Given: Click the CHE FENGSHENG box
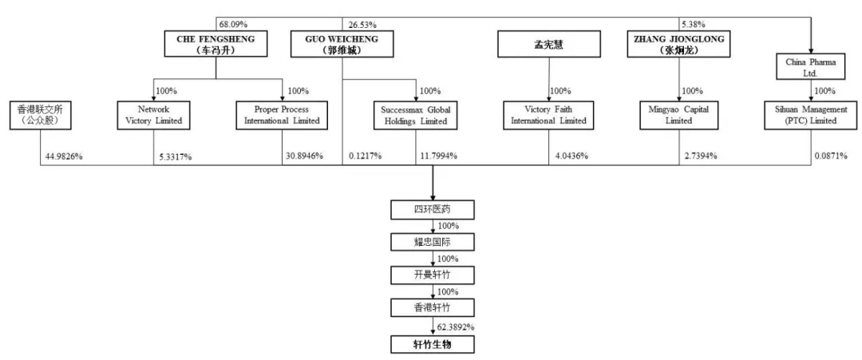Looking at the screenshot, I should coord(215,44).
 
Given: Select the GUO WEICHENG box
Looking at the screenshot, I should coord(342,44).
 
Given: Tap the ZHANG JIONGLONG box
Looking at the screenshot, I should coord(679,44).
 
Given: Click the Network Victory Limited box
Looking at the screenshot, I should coord(154,115).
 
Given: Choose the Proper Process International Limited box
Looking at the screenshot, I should coord(282,115).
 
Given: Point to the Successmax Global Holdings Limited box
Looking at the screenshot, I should coord(415,115).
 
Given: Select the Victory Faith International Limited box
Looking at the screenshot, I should coord(548,115).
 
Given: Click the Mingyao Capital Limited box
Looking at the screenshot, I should coord(679,115).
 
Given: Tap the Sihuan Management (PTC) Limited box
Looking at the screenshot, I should coord(811,115).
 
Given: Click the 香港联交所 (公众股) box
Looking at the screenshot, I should coord(40,115).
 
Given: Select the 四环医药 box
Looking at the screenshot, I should coord(432,210).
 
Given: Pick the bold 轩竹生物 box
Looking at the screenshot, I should coord(432,344).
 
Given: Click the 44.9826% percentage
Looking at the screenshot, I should coord(62,156).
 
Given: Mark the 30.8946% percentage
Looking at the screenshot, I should coord(303,156).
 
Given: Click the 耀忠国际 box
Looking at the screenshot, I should coord(432,242).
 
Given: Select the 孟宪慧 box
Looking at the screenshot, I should coord(548,44).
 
